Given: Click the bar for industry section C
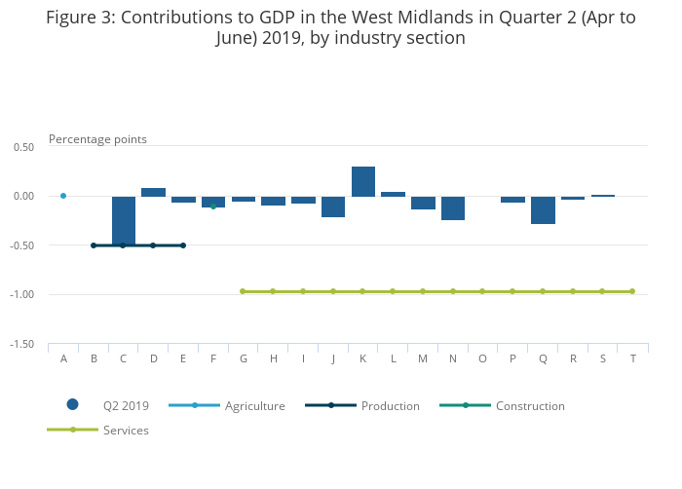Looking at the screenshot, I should (x=124, y=220).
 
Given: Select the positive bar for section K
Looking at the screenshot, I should (x=363, y=181).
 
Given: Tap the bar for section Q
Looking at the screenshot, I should (x=543, y=209).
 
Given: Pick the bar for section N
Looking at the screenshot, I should (x=453, y=207).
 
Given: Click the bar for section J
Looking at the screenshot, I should (x=333, y=207).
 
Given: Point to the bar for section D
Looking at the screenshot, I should (x=153, y=192).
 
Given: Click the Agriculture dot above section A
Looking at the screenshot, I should (x=63, y=196).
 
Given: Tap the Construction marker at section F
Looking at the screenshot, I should (x=213, y=207).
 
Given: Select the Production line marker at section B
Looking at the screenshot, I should (x=94, y=245).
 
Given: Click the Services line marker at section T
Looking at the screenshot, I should (x=632, y=291).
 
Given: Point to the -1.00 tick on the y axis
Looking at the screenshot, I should (x=22, y=294).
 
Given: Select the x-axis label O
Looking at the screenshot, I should (x=482, y=358).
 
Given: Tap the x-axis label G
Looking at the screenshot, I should (x=244, y=358).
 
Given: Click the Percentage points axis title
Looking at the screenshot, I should (x=97, y=139).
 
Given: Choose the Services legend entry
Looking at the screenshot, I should (x=125, y=430).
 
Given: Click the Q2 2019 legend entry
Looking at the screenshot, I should (x=125, y=405).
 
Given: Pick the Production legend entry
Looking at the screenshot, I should (x=390, y=405).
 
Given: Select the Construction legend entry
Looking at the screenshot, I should (x=529, y=405).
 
